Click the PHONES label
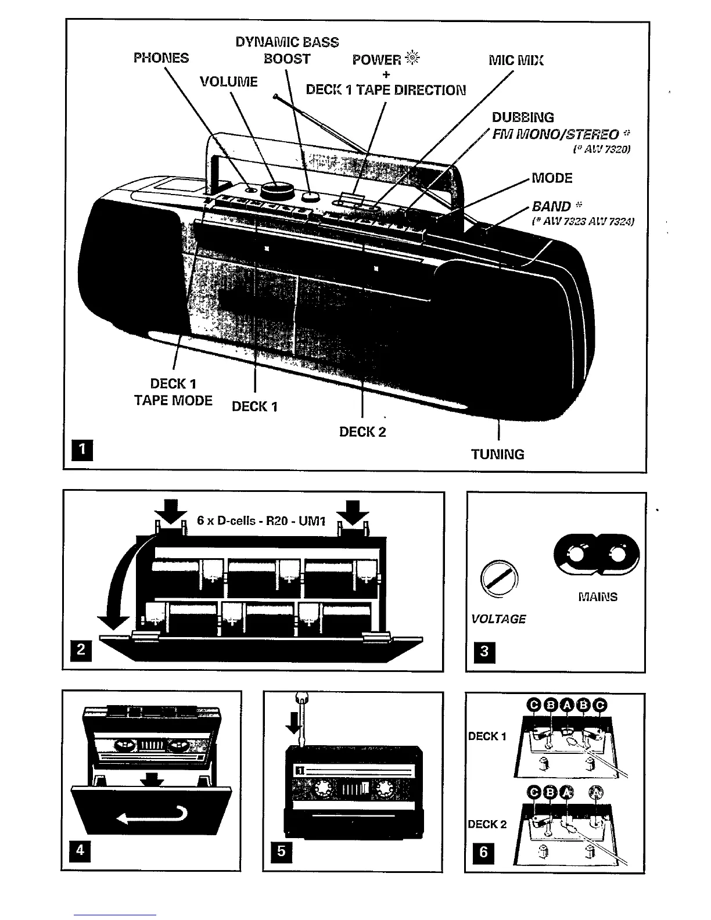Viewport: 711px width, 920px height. click(161, 58)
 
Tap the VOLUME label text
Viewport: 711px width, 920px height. click(228, 81)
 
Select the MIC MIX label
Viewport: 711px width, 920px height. click(516, 60)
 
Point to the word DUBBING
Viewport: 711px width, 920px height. click(523, 117)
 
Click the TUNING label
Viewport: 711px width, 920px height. click(498, 454)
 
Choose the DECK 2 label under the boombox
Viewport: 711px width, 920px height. click(362, 432)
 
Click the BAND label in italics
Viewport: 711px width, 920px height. click(552, 206)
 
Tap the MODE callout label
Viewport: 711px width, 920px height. click(552, 178)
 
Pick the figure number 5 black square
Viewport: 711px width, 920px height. click(281, 851)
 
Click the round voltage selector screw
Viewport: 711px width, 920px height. click(499, 578)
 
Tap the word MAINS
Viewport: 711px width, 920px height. click(598, 596)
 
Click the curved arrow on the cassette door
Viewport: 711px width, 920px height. click(152, 815)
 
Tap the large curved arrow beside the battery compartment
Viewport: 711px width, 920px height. click(119, 587)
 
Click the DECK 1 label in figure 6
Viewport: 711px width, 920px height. click(487, 736)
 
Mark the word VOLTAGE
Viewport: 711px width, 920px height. click(498, 619)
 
